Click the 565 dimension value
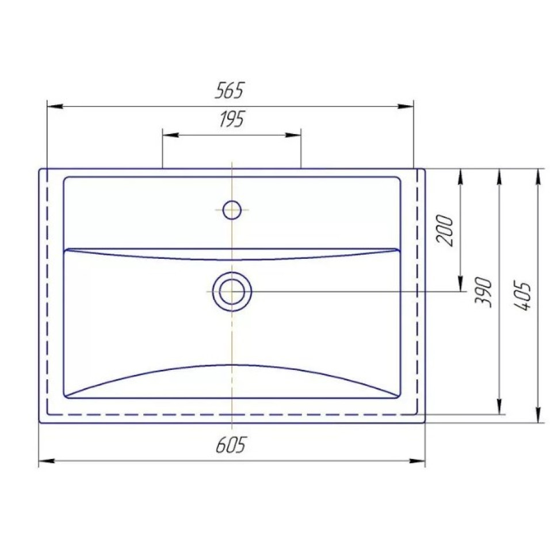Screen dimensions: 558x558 (x=230, y=90)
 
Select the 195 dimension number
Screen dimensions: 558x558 (x=232, y=119)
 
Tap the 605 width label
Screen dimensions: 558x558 (x=231, y=445)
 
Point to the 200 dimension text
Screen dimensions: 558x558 (x=445, y=231)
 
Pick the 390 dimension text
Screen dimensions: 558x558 (x=483, y=292)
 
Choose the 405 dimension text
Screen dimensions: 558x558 (x=522, y=296)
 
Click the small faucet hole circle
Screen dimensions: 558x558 (x=232, y=209)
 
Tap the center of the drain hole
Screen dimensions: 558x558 (x=232, y=292)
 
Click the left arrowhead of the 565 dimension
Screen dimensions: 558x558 (x=55, y=106)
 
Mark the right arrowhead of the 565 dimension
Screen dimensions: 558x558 (x=406, y=106)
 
